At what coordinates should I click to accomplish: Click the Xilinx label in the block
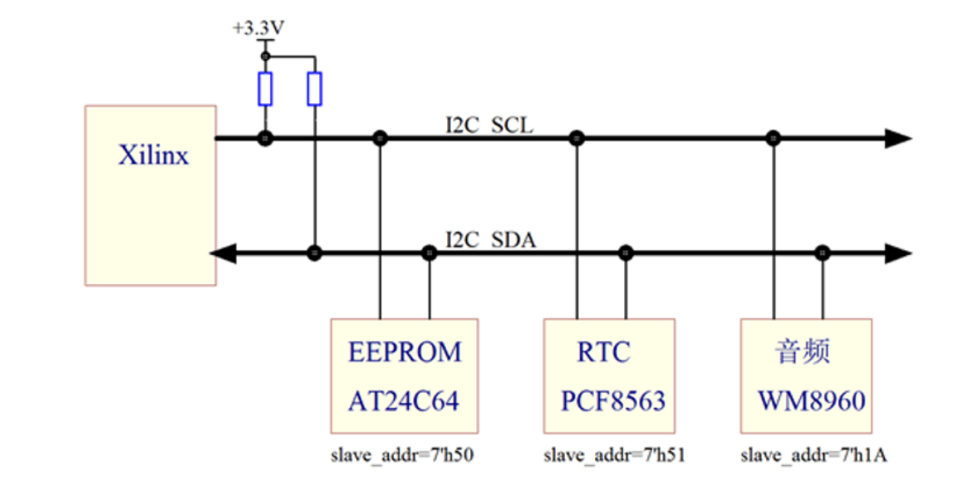tap(154, 155)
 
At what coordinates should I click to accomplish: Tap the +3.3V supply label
tap(258, 28)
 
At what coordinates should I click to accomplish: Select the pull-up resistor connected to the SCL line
tap(265, 89)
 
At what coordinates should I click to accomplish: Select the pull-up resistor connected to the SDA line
tap(314, 89)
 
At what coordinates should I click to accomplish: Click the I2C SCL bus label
tap(489, 126)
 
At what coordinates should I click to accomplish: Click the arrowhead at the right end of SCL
tap(897, 139)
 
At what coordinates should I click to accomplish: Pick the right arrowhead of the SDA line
tap(897, 253)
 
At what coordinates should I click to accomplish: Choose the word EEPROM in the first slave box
tap(405, 352)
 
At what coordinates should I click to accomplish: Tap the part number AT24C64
tap(404, 401)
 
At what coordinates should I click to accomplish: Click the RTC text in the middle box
tap(604, 352)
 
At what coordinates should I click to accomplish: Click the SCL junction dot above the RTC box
tap(575, 139)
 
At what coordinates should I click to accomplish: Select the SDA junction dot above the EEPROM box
tap(429, 253)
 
